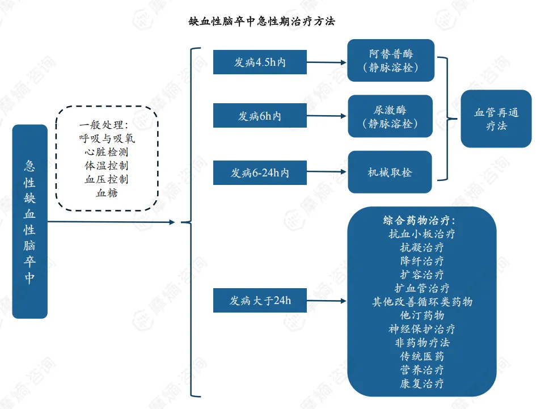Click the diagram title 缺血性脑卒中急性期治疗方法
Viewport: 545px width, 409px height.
point(261,22)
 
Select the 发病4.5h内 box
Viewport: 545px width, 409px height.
point(260,62)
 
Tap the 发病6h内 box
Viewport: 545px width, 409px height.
point(260,116)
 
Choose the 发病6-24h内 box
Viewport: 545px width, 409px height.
point(260,173)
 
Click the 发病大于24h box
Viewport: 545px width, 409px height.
point(260,301)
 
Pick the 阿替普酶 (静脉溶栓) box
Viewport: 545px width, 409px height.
point(391,60)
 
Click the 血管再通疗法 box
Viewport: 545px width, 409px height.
point(496,119)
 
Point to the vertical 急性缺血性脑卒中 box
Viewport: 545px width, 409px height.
point(29,221)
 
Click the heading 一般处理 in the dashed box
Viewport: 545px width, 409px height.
point(107,124)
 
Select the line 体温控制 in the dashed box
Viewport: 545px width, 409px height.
point(107,166)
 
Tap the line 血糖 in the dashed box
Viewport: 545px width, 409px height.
point(107,193)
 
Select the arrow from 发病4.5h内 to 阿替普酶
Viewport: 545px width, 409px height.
point(327,62)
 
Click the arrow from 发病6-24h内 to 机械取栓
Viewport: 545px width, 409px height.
point(327,173)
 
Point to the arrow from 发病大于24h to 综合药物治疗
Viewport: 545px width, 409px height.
point(327,301)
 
